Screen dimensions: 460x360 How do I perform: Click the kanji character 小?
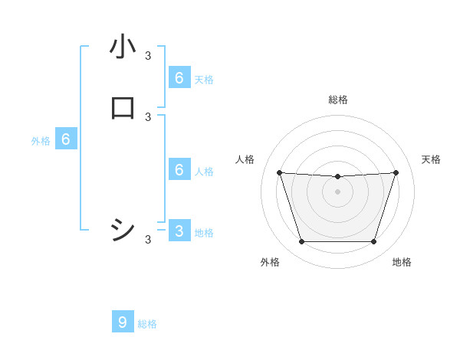[123, 47]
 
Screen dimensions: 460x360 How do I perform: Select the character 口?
[123, 109]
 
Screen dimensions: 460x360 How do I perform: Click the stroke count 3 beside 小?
[148, 55]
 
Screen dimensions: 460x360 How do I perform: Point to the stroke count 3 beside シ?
[148, 240]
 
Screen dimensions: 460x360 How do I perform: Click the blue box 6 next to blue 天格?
[179, 77]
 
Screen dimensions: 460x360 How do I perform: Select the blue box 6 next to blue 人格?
[179, 169]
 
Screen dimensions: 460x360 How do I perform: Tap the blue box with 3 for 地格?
[179, 231]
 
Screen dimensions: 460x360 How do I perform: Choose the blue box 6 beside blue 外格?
[66, 139]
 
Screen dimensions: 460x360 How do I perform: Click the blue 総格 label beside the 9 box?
[147, 324]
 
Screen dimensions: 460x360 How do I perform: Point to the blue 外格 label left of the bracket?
[41, 141]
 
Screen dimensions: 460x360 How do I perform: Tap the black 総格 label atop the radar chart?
[337, 100]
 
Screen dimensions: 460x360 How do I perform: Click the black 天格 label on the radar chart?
[432, 159]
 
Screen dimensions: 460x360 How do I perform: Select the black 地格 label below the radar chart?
[402, 262]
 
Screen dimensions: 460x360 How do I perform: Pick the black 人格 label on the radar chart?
[245, 159]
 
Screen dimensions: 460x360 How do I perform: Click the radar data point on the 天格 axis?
[396, 173]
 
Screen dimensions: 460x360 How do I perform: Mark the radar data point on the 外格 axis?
[301, 242]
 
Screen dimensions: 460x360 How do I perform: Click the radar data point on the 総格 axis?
[337, 177]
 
